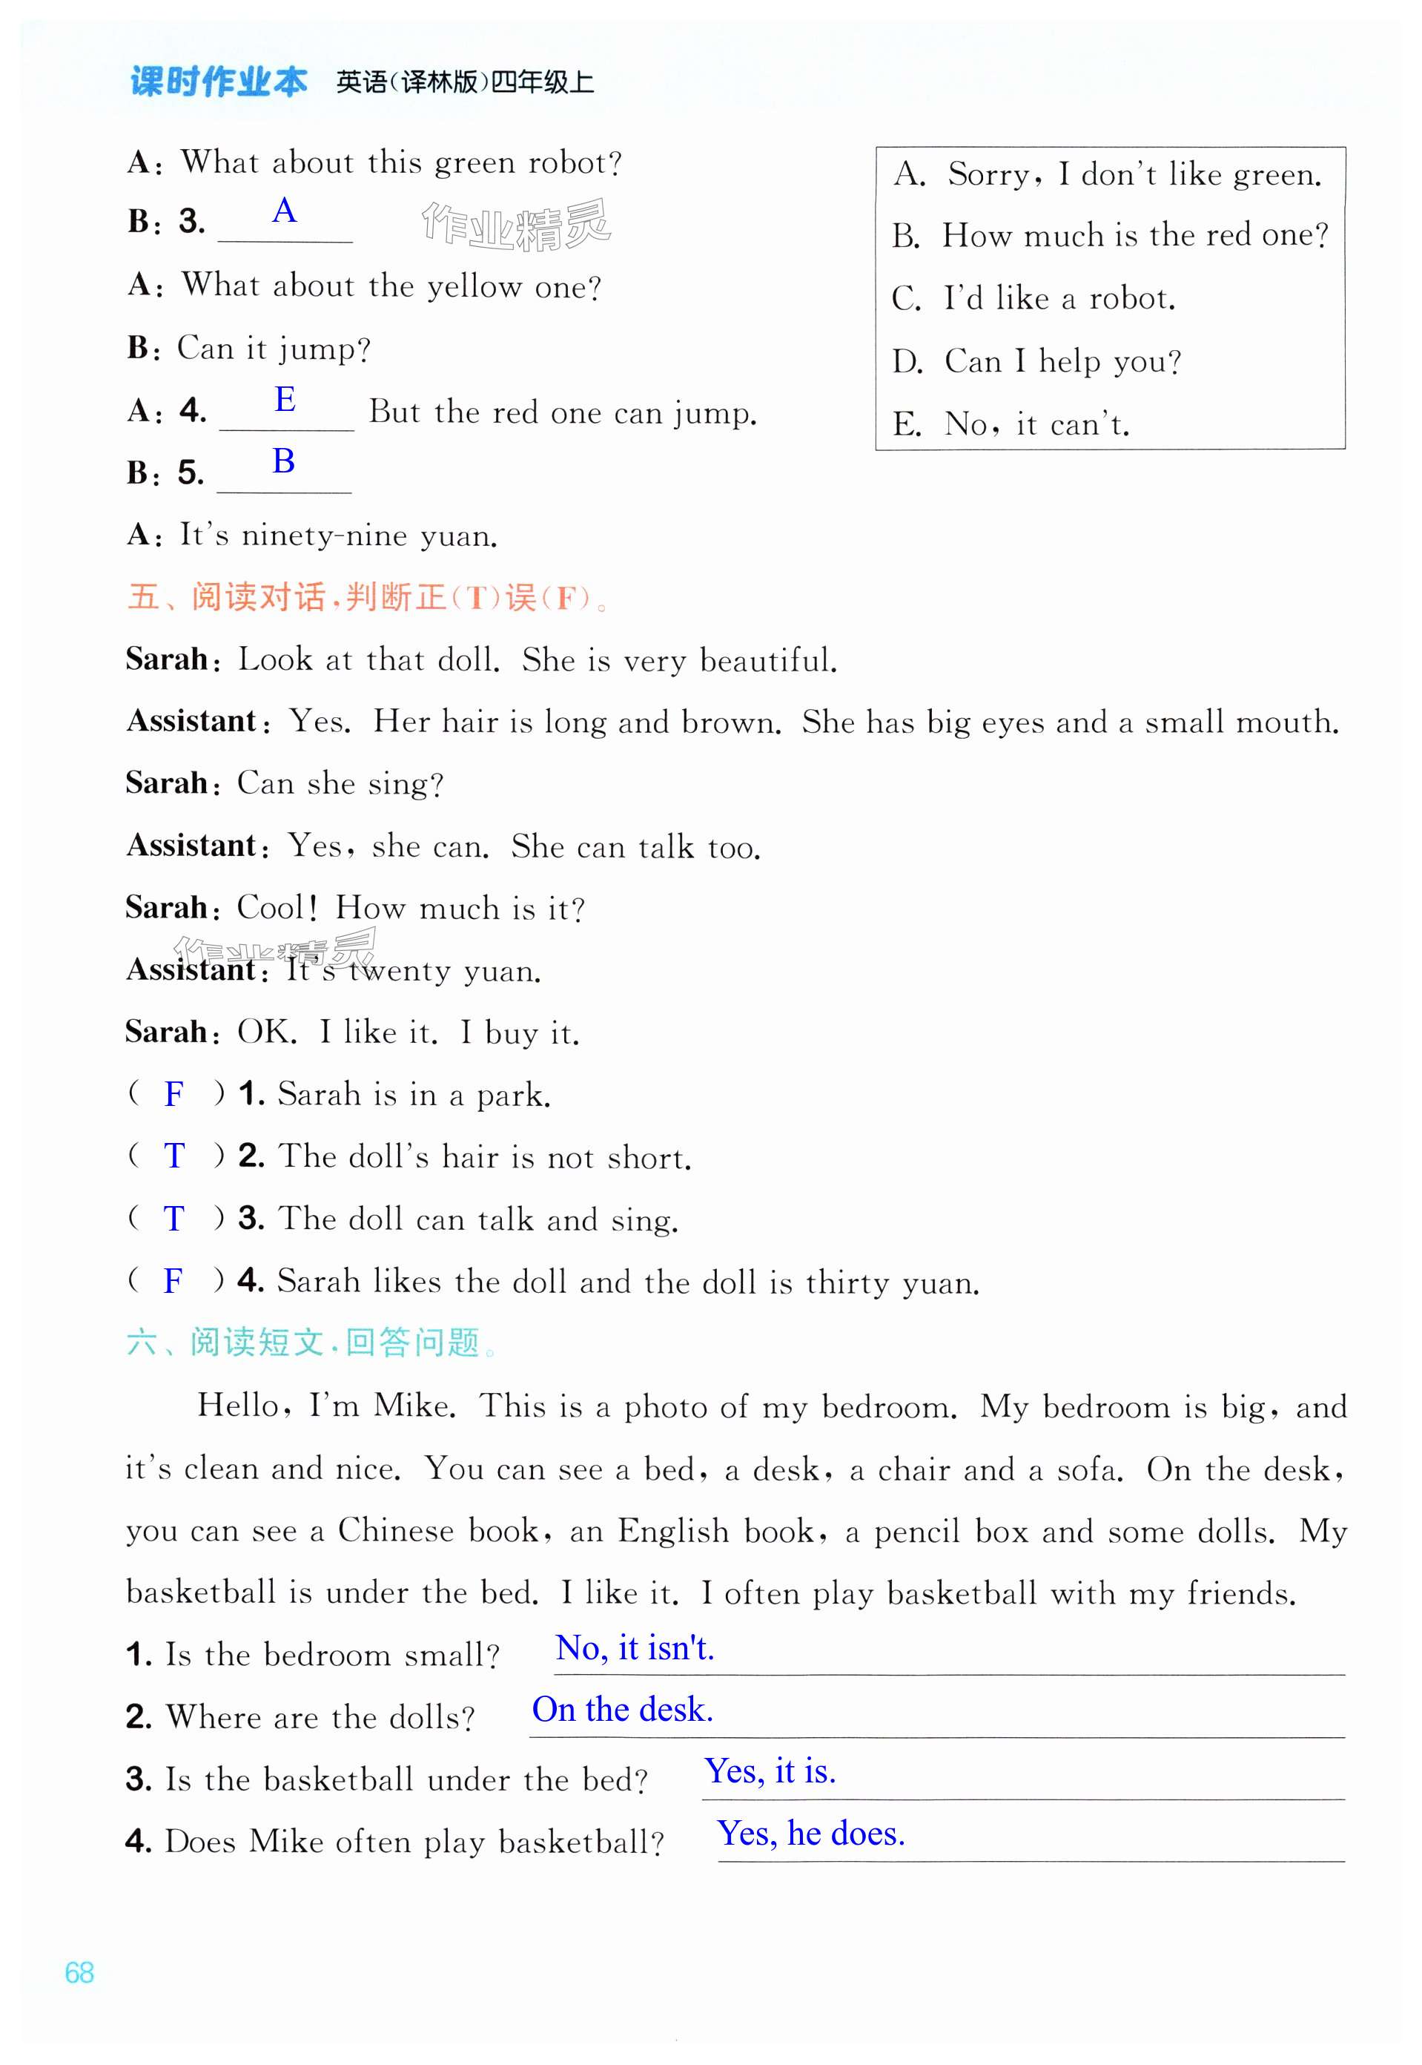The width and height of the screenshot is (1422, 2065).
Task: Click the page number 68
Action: point(79,1972)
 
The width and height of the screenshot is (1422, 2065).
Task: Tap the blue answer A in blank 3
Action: point(284,211)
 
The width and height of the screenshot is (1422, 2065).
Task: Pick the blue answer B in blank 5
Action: point(283,461)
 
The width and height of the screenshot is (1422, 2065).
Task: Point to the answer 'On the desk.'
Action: point(622,1710)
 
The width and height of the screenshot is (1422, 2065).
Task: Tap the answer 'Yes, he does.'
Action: point(811,1834)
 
